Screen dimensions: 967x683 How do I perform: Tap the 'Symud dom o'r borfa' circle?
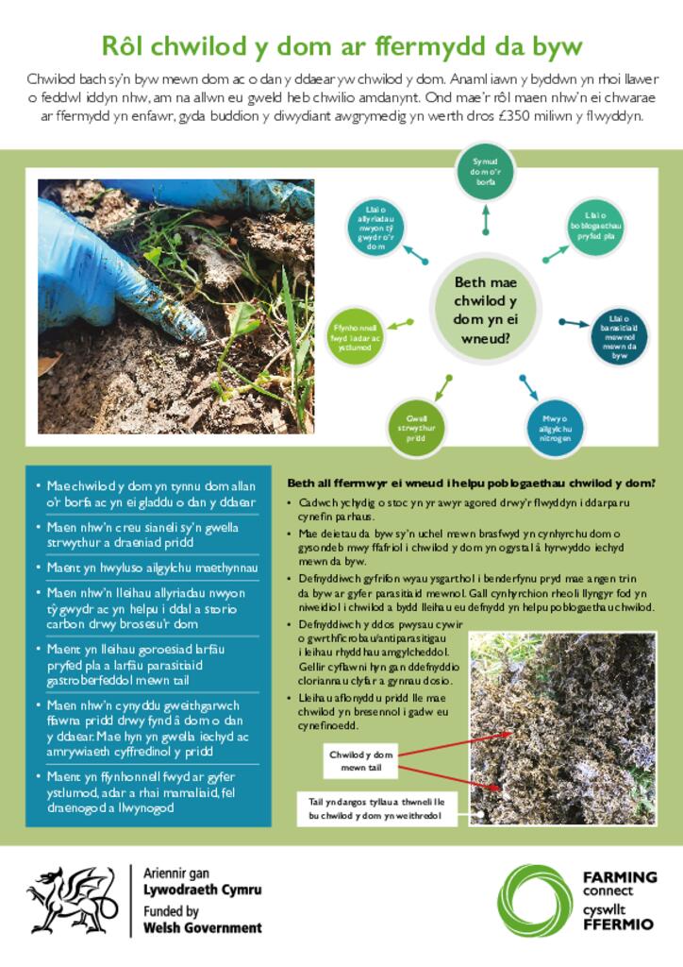click(486, 173)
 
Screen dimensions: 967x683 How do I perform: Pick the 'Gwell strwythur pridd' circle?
click(416, 426)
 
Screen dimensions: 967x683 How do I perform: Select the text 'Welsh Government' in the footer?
click(202, 927)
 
